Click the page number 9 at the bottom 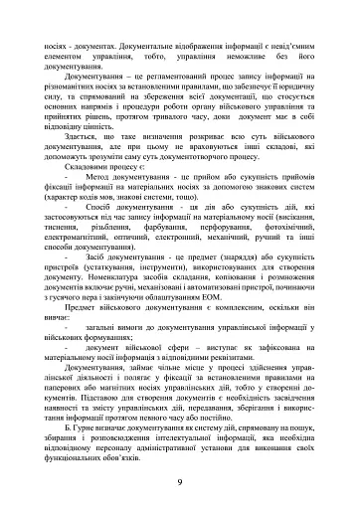[x=179, y=482]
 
